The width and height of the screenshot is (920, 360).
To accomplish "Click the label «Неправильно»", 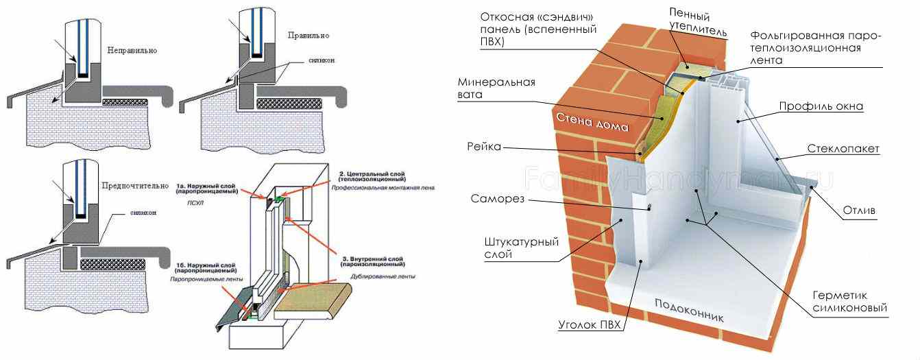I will [x=132, y=51].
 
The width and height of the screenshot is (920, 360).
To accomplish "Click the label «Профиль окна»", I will [x=821, y=106].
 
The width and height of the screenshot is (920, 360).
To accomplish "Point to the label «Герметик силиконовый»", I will [x=850, y=301].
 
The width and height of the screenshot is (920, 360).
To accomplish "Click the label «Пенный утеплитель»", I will [x=689, y=22].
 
